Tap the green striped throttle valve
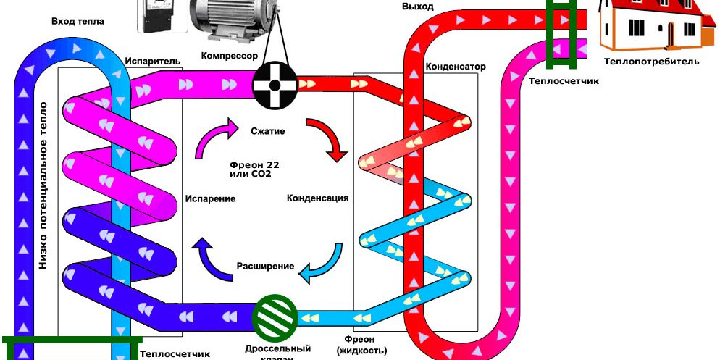click(275, 316)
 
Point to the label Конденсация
click(318, 198)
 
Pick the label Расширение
click(265, 266)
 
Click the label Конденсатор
click(455, 67)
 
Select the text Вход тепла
click(78, 22)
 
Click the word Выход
click(417, 7)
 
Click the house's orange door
click(671, 33)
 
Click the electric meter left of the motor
click(162, 16)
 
